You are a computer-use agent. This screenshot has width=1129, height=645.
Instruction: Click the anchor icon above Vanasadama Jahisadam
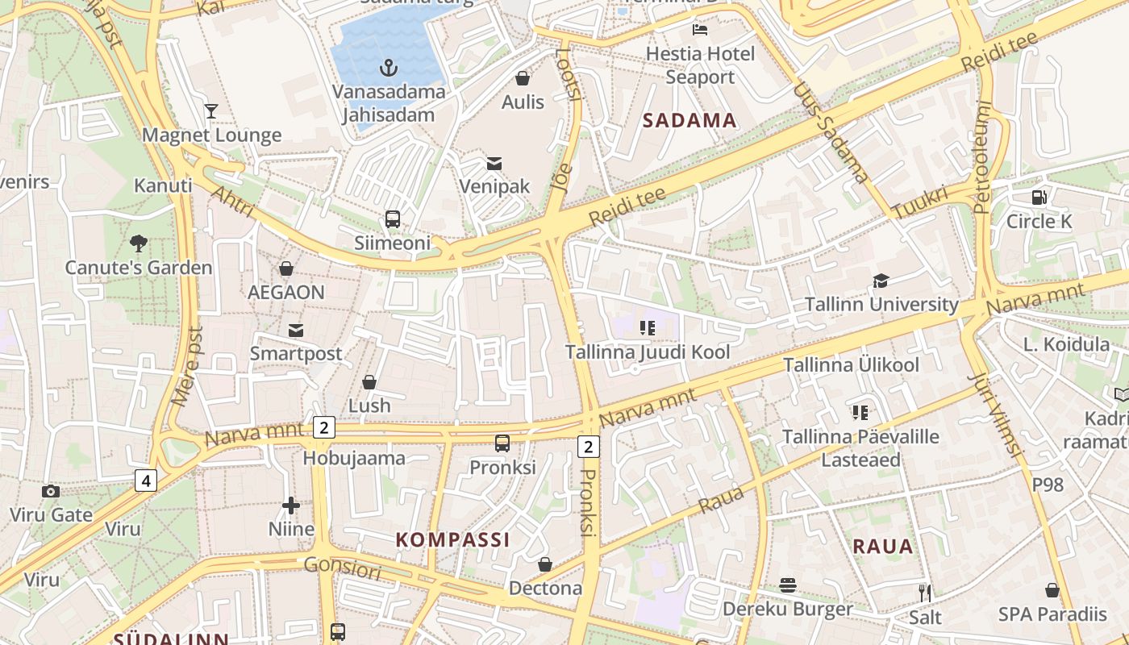click(389, 67)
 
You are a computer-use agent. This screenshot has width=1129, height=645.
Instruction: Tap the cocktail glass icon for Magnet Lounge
click(211, 111)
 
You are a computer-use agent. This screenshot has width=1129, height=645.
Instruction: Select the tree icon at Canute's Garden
click(139, 243)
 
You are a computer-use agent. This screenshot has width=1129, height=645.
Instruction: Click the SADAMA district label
click(689, 121)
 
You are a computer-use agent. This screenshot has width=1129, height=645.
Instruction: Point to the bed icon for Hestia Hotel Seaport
click(700, 30)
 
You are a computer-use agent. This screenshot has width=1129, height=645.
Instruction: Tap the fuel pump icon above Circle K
click(1039, 197)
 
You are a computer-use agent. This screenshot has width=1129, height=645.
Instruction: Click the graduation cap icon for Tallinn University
click(881, 281)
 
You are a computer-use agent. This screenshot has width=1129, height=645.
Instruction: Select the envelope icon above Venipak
click(494, 163)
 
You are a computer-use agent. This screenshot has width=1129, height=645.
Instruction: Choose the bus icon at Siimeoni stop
click(393, 218)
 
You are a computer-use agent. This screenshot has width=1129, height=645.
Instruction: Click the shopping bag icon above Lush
click(369, 381)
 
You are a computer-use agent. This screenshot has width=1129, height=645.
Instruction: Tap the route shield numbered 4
click(145, 481)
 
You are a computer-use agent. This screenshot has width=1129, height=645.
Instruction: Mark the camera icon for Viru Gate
click(51, 491)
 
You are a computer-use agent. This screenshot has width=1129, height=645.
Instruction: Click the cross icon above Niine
click(291, 506)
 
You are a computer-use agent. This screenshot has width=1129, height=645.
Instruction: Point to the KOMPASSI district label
click(452, 539)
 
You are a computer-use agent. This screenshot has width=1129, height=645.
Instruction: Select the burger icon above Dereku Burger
click(788, 585)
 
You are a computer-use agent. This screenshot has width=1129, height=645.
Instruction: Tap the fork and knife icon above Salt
click(925, 593)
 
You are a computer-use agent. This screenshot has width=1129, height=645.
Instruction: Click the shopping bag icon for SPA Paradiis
click(1052, 590)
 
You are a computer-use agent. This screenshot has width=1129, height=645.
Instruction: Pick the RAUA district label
click(883, 546)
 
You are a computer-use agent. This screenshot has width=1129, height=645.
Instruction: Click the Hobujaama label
click(354, 458)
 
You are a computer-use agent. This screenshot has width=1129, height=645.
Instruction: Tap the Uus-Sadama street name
click(831, 133)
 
